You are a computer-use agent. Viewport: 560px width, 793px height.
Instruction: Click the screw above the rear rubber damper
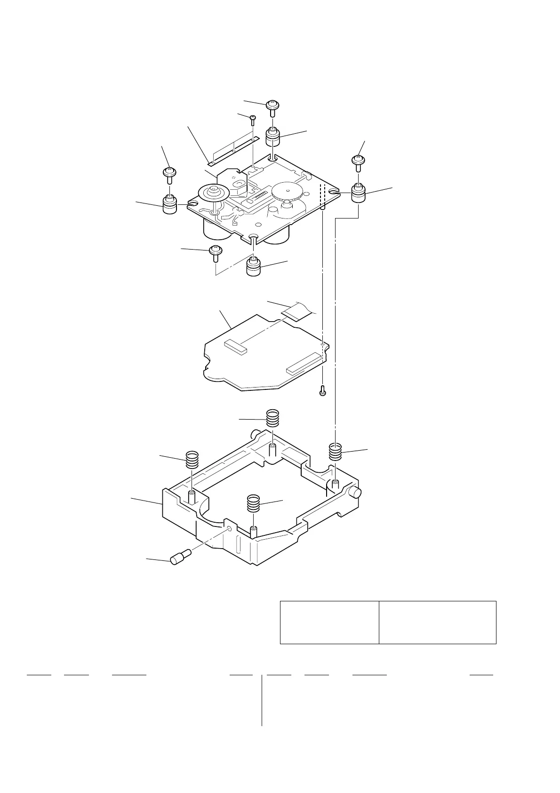(272, 106)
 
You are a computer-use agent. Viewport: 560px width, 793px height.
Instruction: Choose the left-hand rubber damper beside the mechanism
(170, 203)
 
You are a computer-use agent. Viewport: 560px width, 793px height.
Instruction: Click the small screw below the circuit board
(322, 390)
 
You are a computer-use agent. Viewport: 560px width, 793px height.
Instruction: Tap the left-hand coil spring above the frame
(191, 460)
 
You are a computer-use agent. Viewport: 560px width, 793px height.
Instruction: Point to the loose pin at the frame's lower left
(179, 558)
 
